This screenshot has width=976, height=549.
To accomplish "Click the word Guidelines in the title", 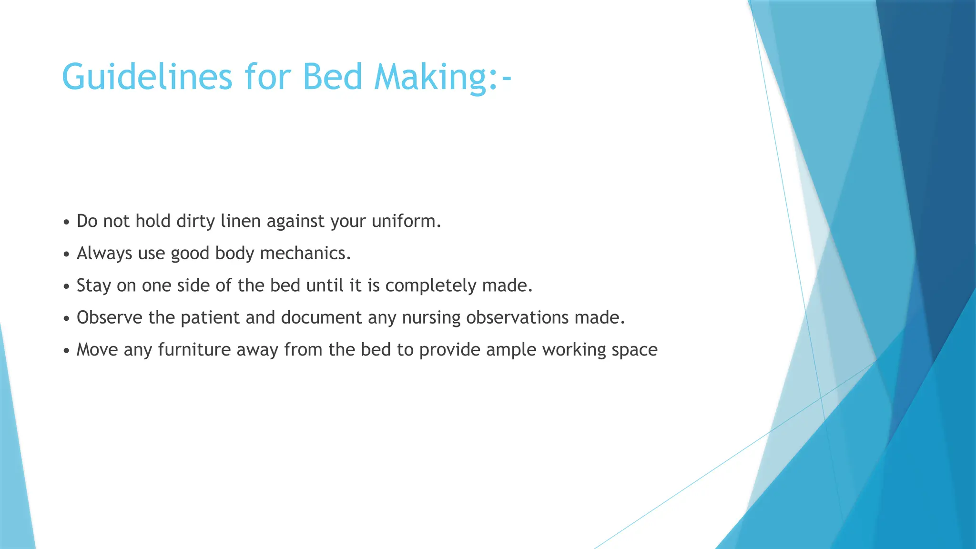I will [147, 77].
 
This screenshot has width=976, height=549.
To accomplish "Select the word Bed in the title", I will [332, 77].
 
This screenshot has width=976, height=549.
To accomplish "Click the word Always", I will [104, 253].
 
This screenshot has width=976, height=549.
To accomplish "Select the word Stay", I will [93, 285].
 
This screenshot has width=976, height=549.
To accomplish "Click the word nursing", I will [431, 317].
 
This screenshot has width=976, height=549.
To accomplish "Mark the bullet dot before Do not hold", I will [66, 223].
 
